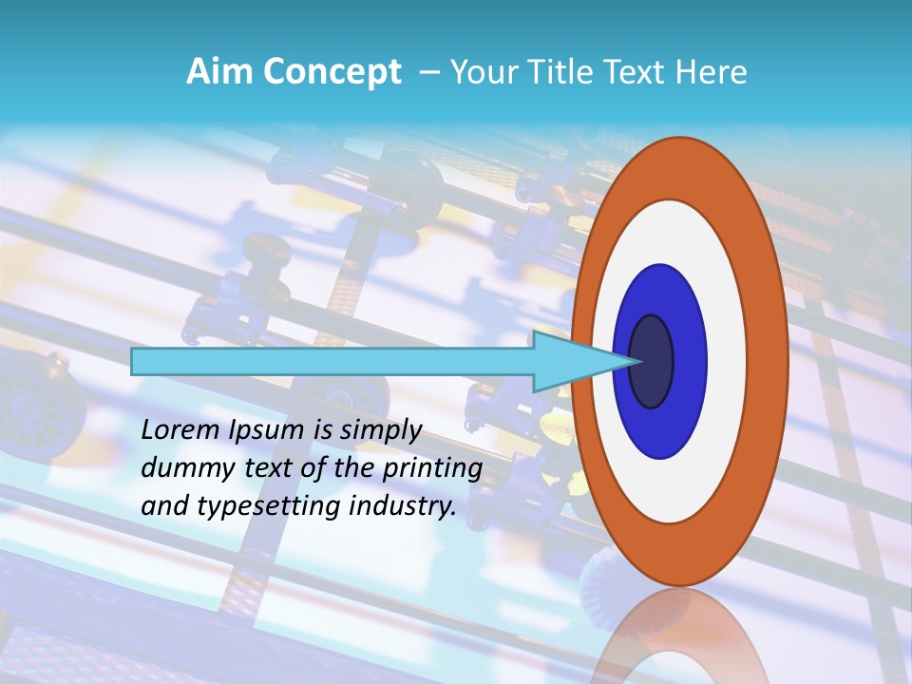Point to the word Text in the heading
point(637,72)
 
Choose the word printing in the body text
point(437,468)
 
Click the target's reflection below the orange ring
point(678,636)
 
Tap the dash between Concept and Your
point(428,73)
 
